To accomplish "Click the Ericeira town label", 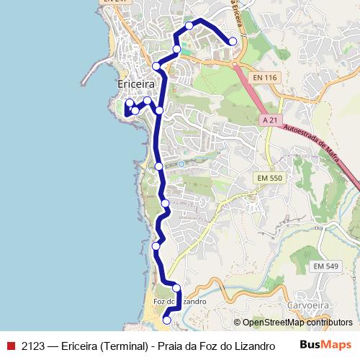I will (x=136, y=84).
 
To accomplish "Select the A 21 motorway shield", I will (x=270, y=120).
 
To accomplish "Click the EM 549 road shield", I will (x=325, y=266).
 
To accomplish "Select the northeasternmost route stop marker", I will (x=233, y=42).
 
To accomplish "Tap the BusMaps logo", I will (x=325, y=345).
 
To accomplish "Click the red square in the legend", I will (x=11, y=346).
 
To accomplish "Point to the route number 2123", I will (x=35, y=346).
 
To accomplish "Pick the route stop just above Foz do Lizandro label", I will (x=176, y=288).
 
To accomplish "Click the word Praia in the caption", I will (x=173, y=346).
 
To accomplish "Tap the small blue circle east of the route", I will (x=181, y=163).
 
